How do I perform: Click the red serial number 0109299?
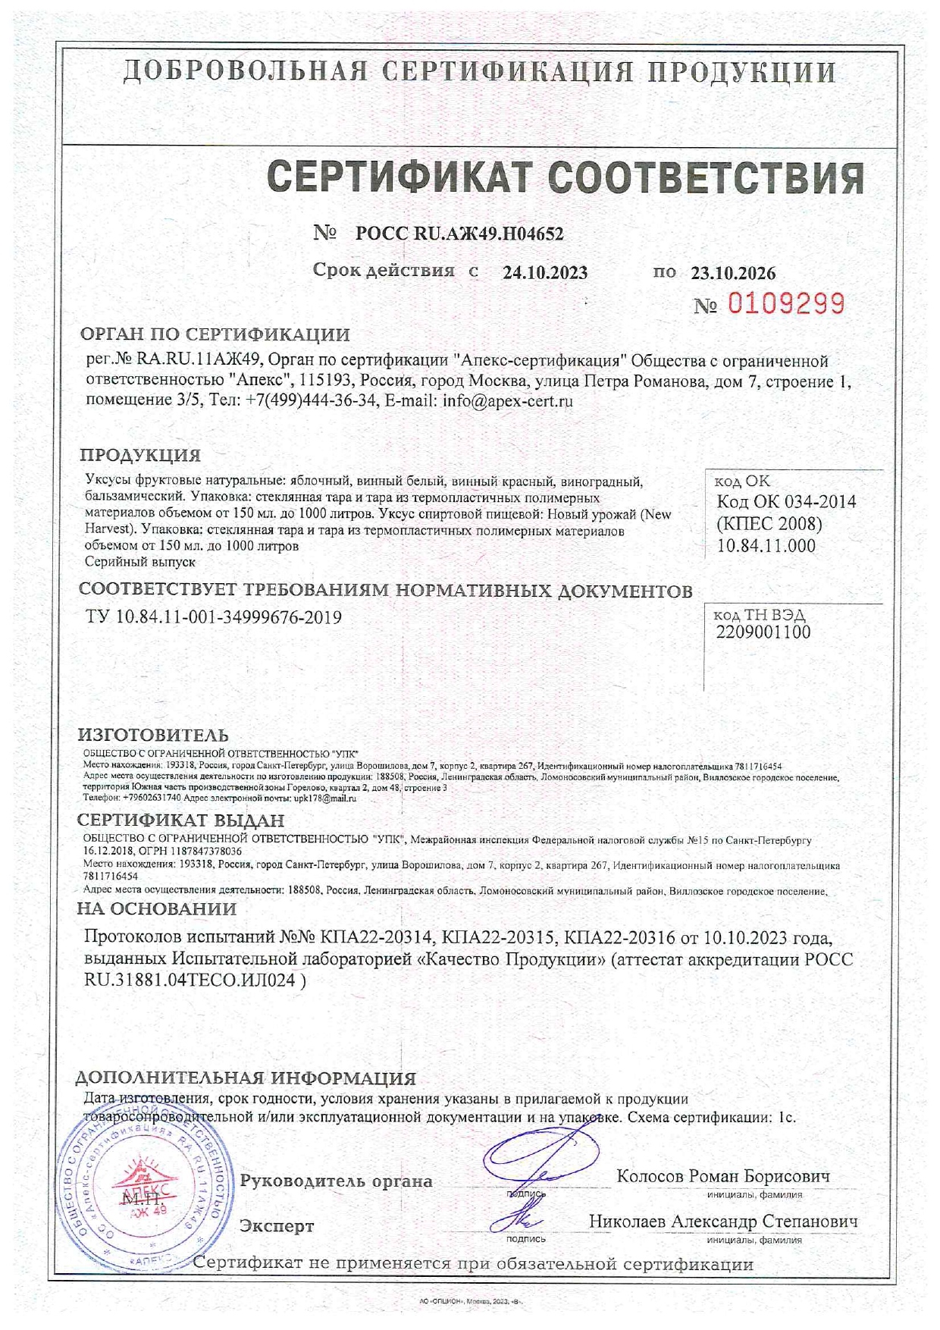coord(786,304)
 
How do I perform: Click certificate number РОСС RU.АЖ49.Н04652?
coord(459,234)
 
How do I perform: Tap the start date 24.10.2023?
coord(545,273)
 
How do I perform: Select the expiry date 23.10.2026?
coord(733,273)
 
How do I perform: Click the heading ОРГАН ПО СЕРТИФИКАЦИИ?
coord(215,334)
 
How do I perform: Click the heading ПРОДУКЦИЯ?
coord(140,455)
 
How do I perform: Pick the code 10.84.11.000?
coord(766,545)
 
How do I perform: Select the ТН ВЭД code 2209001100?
coord(763,632)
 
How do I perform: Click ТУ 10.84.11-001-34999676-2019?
coord(214,617)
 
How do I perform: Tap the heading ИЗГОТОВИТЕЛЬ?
coord(153,735)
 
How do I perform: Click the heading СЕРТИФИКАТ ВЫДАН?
coord(180,820)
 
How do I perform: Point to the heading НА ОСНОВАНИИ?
coord(157,908)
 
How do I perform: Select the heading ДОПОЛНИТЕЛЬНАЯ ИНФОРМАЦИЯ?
coord(246,1077)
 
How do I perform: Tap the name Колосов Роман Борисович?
coord(723,1176)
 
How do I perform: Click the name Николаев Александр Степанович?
coord(723,1222)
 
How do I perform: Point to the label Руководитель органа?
coord(336,1181)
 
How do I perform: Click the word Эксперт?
coord(277,1225)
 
